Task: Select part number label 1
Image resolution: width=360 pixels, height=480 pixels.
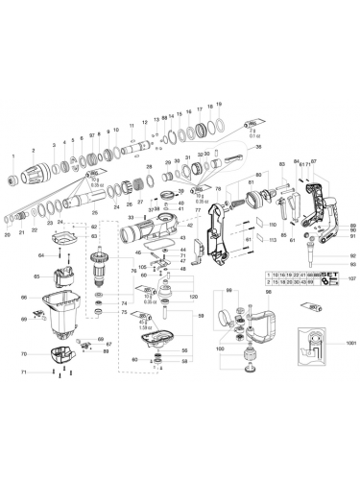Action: (13, 155)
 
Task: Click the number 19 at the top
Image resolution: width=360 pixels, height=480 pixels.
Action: (219, 103)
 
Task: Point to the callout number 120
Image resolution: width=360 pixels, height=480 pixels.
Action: (192, 298)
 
